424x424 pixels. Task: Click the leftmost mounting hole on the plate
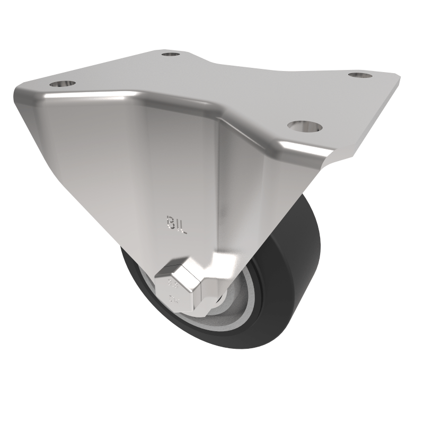tap(63, 83)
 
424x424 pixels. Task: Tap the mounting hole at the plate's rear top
tap(170, 54)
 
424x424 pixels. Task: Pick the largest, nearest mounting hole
tap(305, 126)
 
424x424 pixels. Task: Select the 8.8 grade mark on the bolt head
tap(173, 282)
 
